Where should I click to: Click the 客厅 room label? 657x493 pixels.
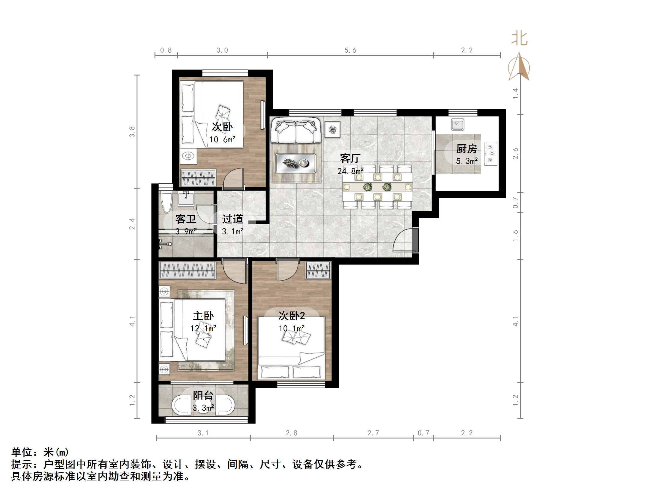pyautogui.click(x=350, y=158)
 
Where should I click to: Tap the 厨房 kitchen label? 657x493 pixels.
pyautogui.click(x=466, y=149)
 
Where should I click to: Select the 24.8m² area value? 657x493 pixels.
pyautogui.click(x=350, y=171)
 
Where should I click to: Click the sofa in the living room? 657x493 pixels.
pyautogui.click(x=296, y=131)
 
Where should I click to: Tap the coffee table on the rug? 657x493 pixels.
pyautogui.click(x=296, y=163)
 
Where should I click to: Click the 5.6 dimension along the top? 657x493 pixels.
pyautogui.click(x=350, y=50)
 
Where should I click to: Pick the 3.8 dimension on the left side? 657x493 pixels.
pyautogui.click(x=132, y=132)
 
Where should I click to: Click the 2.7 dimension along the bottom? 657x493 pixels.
pyautogui.click(x=373, y=433)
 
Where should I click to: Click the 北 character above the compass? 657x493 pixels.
pyautogui.click(x=519, y=39)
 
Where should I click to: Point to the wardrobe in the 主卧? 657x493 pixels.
pyautogui.click(x=187, y=270)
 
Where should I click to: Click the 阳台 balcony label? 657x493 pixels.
pyautogui.click(x=203, y=395)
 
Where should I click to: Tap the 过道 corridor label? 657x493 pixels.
pyautogui.click(x=232, y=219)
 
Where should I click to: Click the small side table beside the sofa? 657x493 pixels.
pyautogui.click(x=332, y=129)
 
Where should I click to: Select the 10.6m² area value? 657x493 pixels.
pyautogui.click(x=222, y=139)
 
